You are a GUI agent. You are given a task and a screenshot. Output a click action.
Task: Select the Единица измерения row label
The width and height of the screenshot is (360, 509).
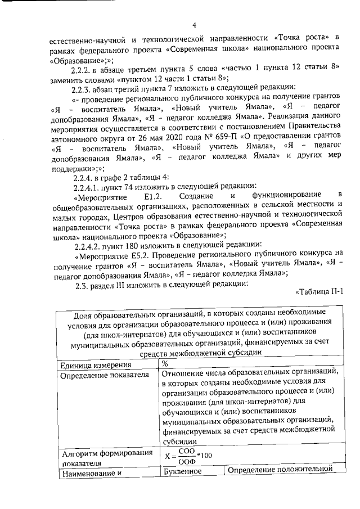(90, 365)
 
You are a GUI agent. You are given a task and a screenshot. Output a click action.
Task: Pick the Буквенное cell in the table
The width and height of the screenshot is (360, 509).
(181, 471)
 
